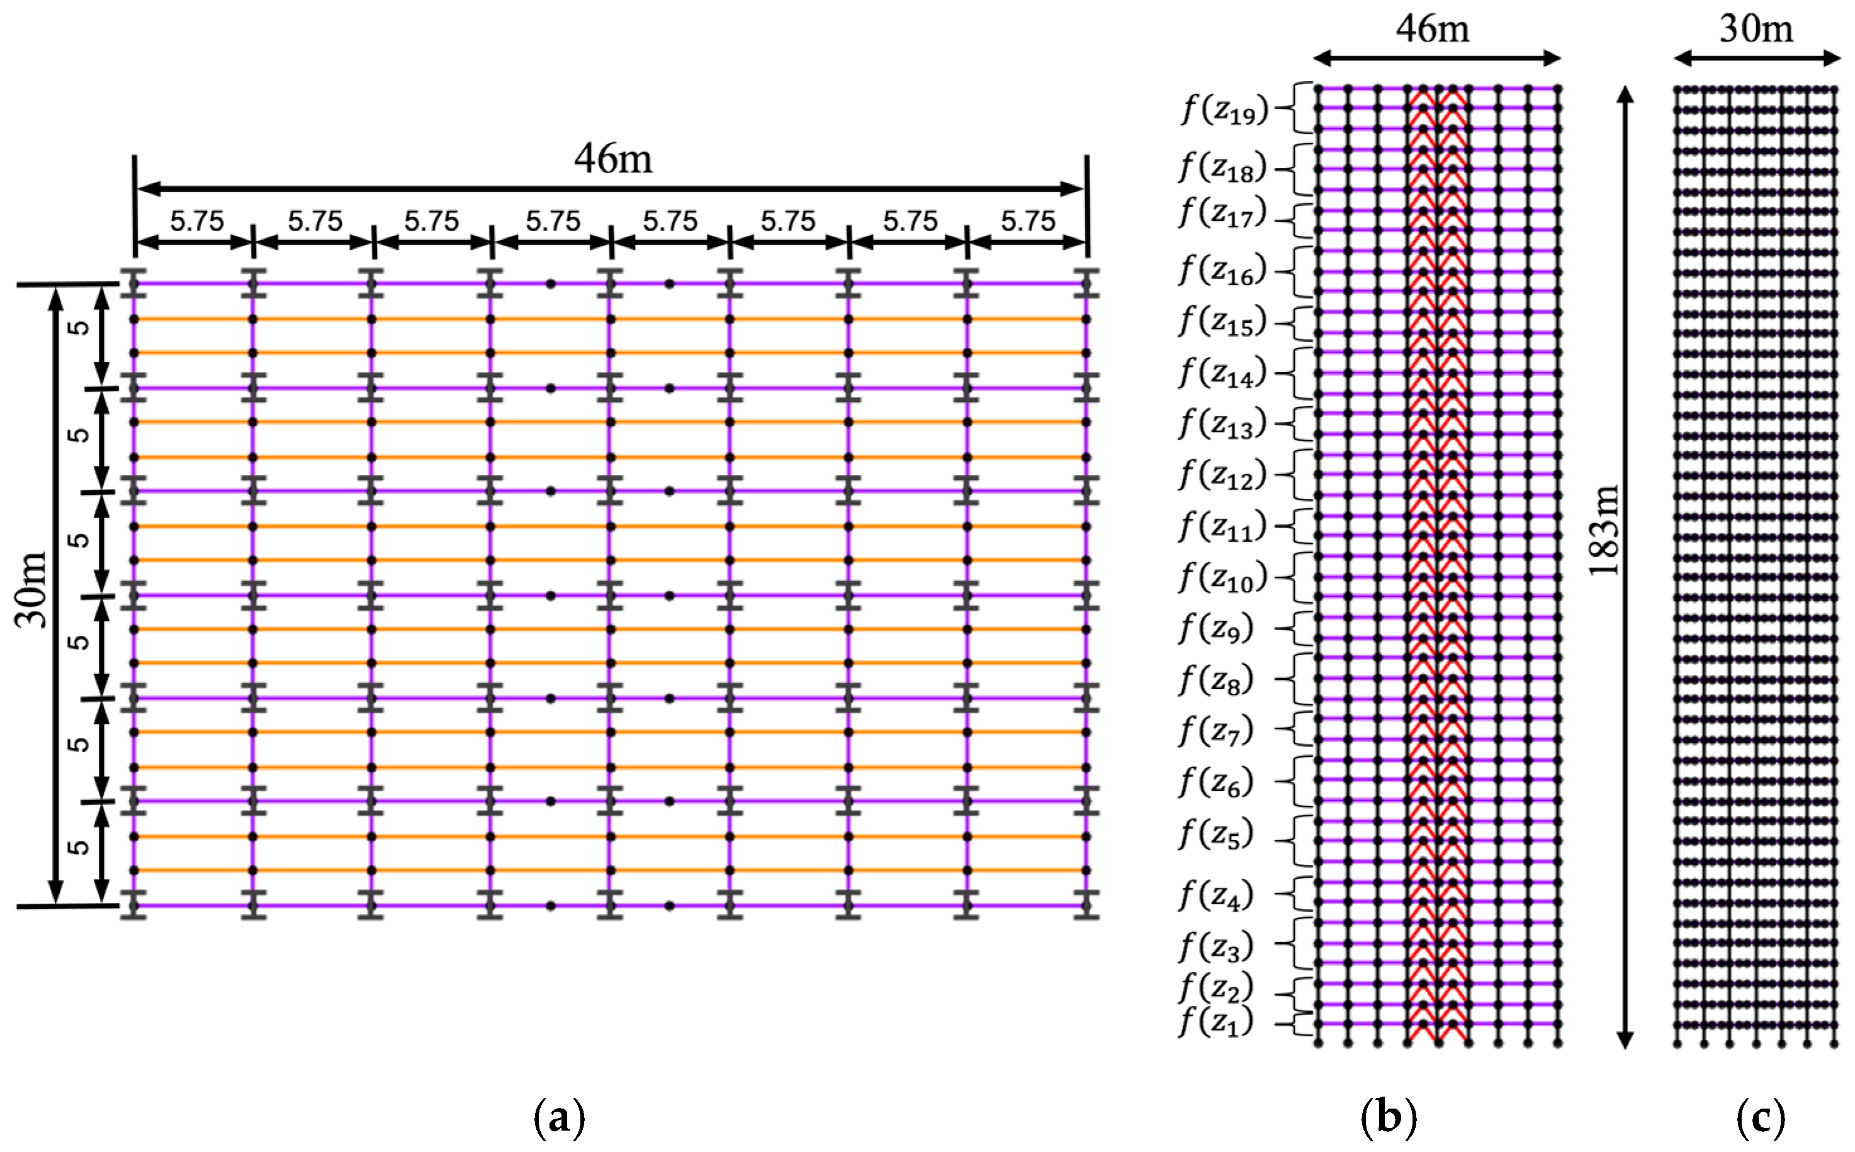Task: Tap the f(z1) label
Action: pyautogui.click(x=1215, y=1022)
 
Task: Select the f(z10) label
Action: pyautogui.click(x=1222, y=578)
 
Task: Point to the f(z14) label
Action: pyautogui.click(x=1222, y=372)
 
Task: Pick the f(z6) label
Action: pyautogui.click(x=1215, y=781)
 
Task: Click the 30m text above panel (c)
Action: pyautogui.click(x=1756, y=29)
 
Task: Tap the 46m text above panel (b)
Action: pyautogui.click(x=1433, y=29)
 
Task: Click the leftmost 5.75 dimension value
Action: pyautogui.click(x=196, y=221)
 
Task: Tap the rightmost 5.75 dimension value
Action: pyautogui.click(x=1028, y=221)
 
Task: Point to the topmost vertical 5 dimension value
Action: pyautogui.click(x=79, y=328)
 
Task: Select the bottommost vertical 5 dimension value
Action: pyautogui.click(x=79, y=847)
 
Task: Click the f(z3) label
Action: pyautogui.click(x=1215, y=946)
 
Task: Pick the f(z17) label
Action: pyautogui.click(x=1222, y=213)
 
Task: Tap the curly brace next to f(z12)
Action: pyautogui.click(x=1287, y=474)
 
